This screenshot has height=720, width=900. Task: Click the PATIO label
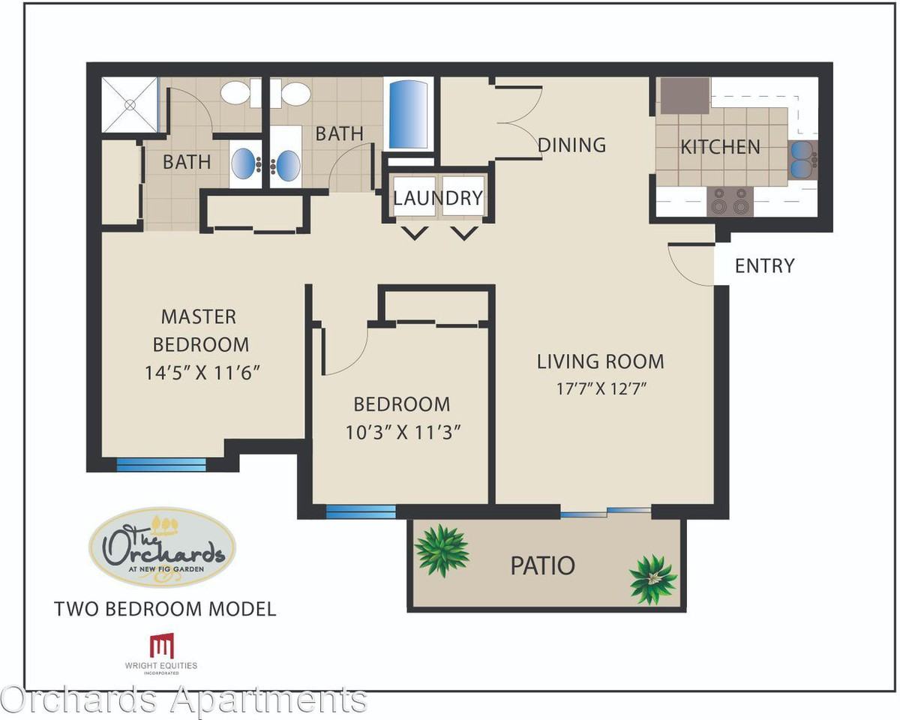coord(542,565)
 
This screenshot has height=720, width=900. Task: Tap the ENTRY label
coord(764,266)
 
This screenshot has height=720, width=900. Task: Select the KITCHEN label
coord(720,147)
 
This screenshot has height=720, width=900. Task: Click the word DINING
coord(571,145)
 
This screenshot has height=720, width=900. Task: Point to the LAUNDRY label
coord(438,198)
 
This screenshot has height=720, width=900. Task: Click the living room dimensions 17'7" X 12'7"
coord(601,389)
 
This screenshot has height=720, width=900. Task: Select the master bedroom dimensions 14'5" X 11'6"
coord(202,372)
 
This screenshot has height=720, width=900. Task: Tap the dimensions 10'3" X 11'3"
coord(403,432)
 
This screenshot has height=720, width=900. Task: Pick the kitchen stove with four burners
coord(730,202)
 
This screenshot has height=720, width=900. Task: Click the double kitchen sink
coord(803,160)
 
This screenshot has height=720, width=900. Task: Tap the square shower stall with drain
coord(130,104)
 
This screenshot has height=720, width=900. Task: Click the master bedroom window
coord(161,464)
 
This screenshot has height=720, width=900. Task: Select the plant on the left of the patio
coord(442,550)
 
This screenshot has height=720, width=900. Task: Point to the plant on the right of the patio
coord(652,579)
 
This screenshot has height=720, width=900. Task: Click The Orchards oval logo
coord(162,547)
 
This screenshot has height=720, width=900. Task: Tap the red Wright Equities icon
coord(161,646)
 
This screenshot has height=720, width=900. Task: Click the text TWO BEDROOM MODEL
coord(165,609)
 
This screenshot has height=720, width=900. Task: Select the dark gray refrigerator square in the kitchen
coord(685,95)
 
